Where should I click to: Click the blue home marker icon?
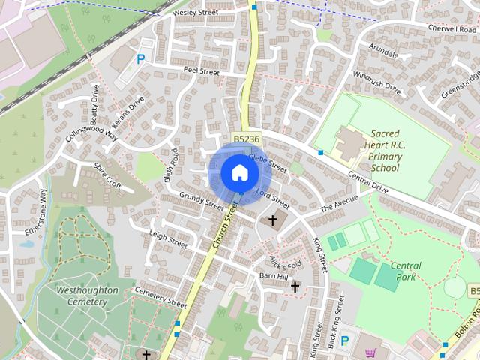pyautogui.click(x=240, y=173)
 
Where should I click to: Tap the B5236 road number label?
pyautogui.click(x=246, y=139)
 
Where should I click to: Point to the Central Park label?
pyautogui.click(x=406, y=271)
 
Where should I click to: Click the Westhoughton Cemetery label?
pyautogui.click(x=87, y=295)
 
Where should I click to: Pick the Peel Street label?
pyautogui.click(x=202, y=70)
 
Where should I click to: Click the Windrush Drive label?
pyautogui.click(x=377, y=81)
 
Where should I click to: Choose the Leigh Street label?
pyautogui.click(x=168, y=238)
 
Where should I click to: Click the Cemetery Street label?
pyautogui.click(x=160, y=298)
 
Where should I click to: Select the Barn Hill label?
pyautogui.click(x=273, y=276)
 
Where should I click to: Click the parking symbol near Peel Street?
pyautogui.click(x=140, y=59)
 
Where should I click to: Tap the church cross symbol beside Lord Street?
pyautogui.click(x=272, y=221)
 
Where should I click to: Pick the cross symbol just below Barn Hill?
pyautogui.click(x=295, y=286)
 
